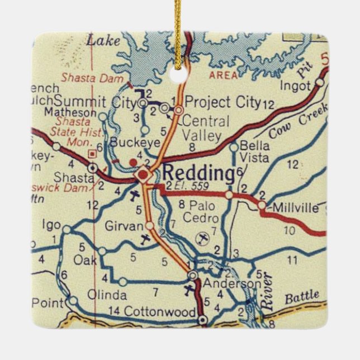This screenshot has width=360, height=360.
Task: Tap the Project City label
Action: click(222, 102)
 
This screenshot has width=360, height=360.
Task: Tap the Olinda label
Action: click(107, 295)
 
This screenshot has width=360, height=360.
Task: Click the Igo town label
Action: click(51, 225)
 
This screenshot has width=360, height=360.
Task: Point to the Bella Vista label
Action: click(254, 151)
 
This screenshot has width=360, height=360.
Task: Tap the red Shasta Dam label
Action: click(92, 79)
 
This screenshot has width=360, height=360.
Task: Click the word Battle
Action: click(302, 296)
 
